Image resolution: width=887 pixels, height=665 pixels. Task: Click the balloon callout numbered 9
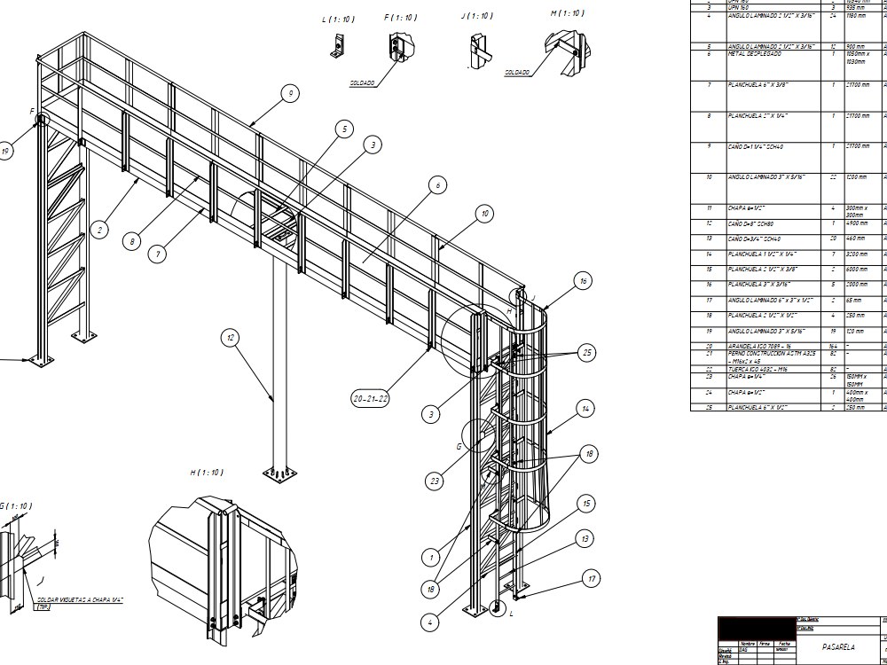(x=290, y=93)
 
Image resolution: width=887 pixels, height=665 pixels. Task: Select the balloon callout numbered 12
(x=231, y=337)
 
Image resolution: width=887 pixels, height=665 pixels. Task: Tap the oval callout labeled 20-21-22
(x=371, y=399)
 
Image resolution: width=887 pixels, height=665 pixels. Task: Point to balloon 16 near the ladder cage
(x=583, y=281)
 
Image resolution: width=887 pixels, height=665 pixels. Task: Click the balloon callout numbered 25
(x=586, y=352)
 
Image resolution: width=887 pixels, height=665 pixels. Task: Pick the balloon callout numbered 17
(x=592, y=579)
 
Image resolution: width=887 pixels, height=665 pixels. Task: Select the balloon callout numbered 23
(x=435, y=481)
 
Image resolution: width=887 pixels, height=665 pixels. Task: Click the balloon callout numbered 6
(x=436, y=185)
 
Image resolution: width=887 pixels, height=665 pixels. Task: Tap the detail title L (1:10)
(x=338, y=19)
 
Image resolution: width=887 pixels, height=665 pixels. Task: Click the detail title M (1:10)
(x=567, y=13)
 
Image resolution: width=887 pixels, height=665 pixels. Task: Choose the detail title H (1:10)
(x=207, y=473)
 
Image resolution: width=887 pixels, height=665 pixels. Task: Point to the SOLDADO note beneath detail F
(x=362, y=83)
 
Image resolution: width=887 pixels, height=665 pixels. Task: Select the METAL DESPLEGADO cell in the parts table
(x=755, y=54)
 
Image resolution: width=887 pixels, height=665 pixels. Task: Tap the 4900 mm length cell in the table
(x=858, y=223)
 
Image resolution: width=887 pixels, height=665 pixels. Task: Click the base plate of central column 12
(x=278, y=473)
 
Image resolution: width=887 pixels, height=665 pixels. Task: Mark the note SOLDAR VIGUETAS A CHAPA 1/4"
(x=80, y=600)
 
